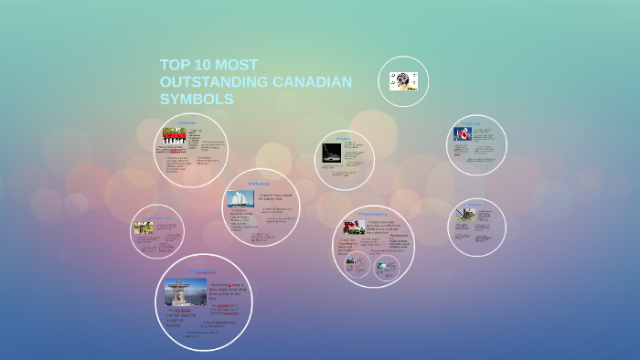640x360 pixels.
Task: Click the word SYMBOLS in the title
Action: (x=197, y=99)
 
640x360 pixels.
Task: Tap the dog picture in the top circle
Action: (x=403, y=81)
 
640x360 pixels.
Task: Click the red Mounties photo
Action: (x=174, y=133)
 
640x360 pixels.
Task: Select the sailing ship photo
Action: (x=240, y=198)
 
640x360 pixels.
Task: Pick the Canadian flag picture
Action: (x=463, y=134)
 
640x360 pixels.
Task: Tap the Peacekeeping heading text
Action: (x=372, y=214)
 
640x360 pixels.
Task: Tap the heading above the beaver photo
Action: (x=475, y=204)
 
